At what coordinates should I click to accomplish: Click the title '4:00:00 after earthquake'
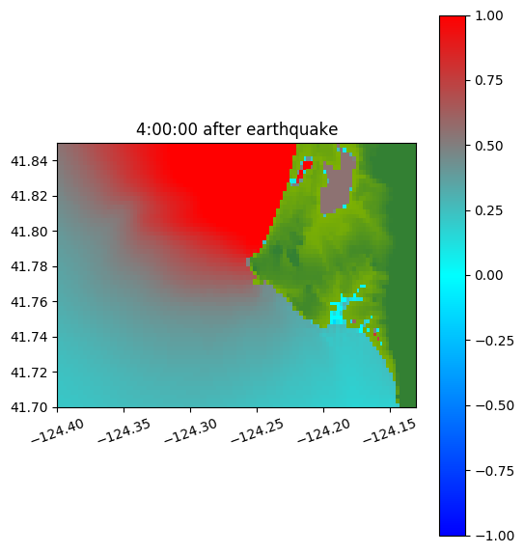(x=237, y=129)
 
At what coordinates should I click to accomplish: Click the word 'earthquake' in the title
(x=292, y=129)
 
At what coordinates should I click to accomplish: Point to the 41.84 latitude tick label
(x=29, y=161)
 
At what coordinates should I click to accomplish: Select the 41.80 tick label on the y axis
(x=29, y=232)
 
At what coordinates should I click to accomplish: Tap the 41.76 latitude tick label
(x=29, y=302)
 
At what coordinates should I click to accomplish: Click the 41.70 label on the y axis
(x=29, y=407)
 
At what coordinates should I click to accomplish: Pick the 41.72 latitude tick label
(x=29, y=373)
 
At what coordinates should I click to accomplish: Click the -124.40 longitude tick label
(x=58, y=431)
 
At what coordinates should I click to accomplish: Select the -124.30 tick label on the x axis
(x=191, y=431)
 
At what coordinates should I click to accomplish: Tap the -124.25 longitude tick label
(x=258, y=431)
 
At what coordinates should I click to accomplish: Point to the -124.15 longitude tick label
(x=390, y=431)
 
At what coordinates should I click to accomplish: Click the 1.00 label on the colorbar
(x=488, y=15)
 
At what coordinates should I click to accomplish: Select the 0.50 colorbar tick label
(x=488, y=146)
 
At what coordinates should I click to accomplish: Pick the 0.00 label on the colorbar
(x=488, y=275)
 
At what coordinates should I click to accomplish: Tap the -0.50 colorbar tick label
(x=494, y=405)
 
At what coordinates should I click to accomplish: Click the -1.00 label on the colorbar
(x=494, y=536)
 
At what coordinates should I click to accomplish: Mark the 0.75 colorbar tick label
(x=488, y=81)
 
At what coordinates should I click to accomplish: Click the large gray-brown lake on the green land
(x=336, y=187)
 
